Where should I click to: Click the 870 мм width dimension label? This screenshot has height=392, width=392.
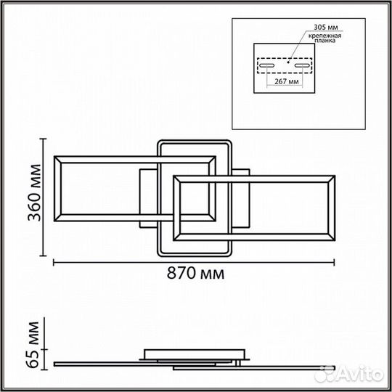[x=195, y=273]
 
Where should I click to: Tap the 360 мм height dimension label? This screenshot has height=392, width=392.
[x=34, y=193]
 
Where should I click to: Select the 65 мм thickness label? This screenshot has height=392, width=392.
[x=33, y=345]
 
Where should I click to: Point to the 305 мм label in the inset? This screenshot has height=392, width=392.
[x=326, y=27]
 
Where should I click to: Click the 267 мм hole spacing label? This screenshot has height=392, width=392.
[x=287, y=81]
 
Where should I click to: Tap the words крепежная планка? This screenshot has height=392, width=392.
[x=324, y=38]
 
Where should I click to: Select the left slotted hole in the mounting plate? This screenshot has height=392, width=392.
[x=266, y=65]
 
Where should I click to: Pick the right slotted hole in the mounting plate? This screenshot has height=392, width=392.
[x=302, y=65]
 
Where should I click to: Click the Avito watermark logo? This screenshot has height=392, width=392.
[x=349, y=375]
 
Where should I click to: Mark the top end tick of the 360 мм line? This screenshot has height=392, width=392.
[x=44, y=139]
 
